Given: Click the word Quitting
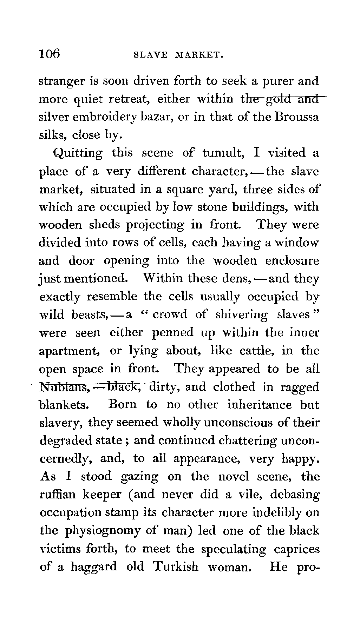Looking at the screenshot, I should [78, 153].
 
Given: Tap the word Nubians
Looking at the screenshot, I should [65, 387].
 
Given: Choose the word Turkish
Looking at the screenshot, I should [176, 567].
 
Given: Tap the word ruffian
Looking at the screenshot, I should [58, 495].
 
